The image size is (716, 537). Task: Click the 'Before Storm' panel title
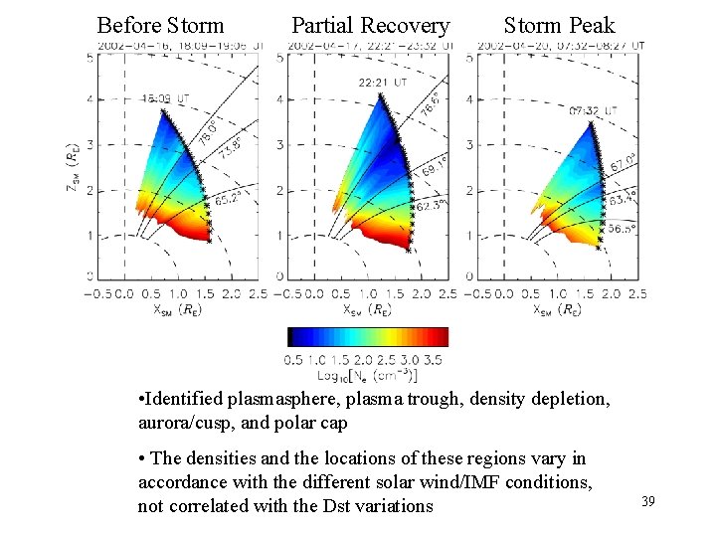160,25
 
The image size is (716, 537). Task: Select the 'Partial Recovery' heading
370,25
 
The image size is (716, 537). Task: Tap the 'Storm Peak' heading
559,25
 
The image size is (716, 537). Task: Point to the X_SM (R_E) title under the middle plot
366,310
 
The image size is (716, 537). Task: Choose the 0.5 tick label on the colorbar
293,360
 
